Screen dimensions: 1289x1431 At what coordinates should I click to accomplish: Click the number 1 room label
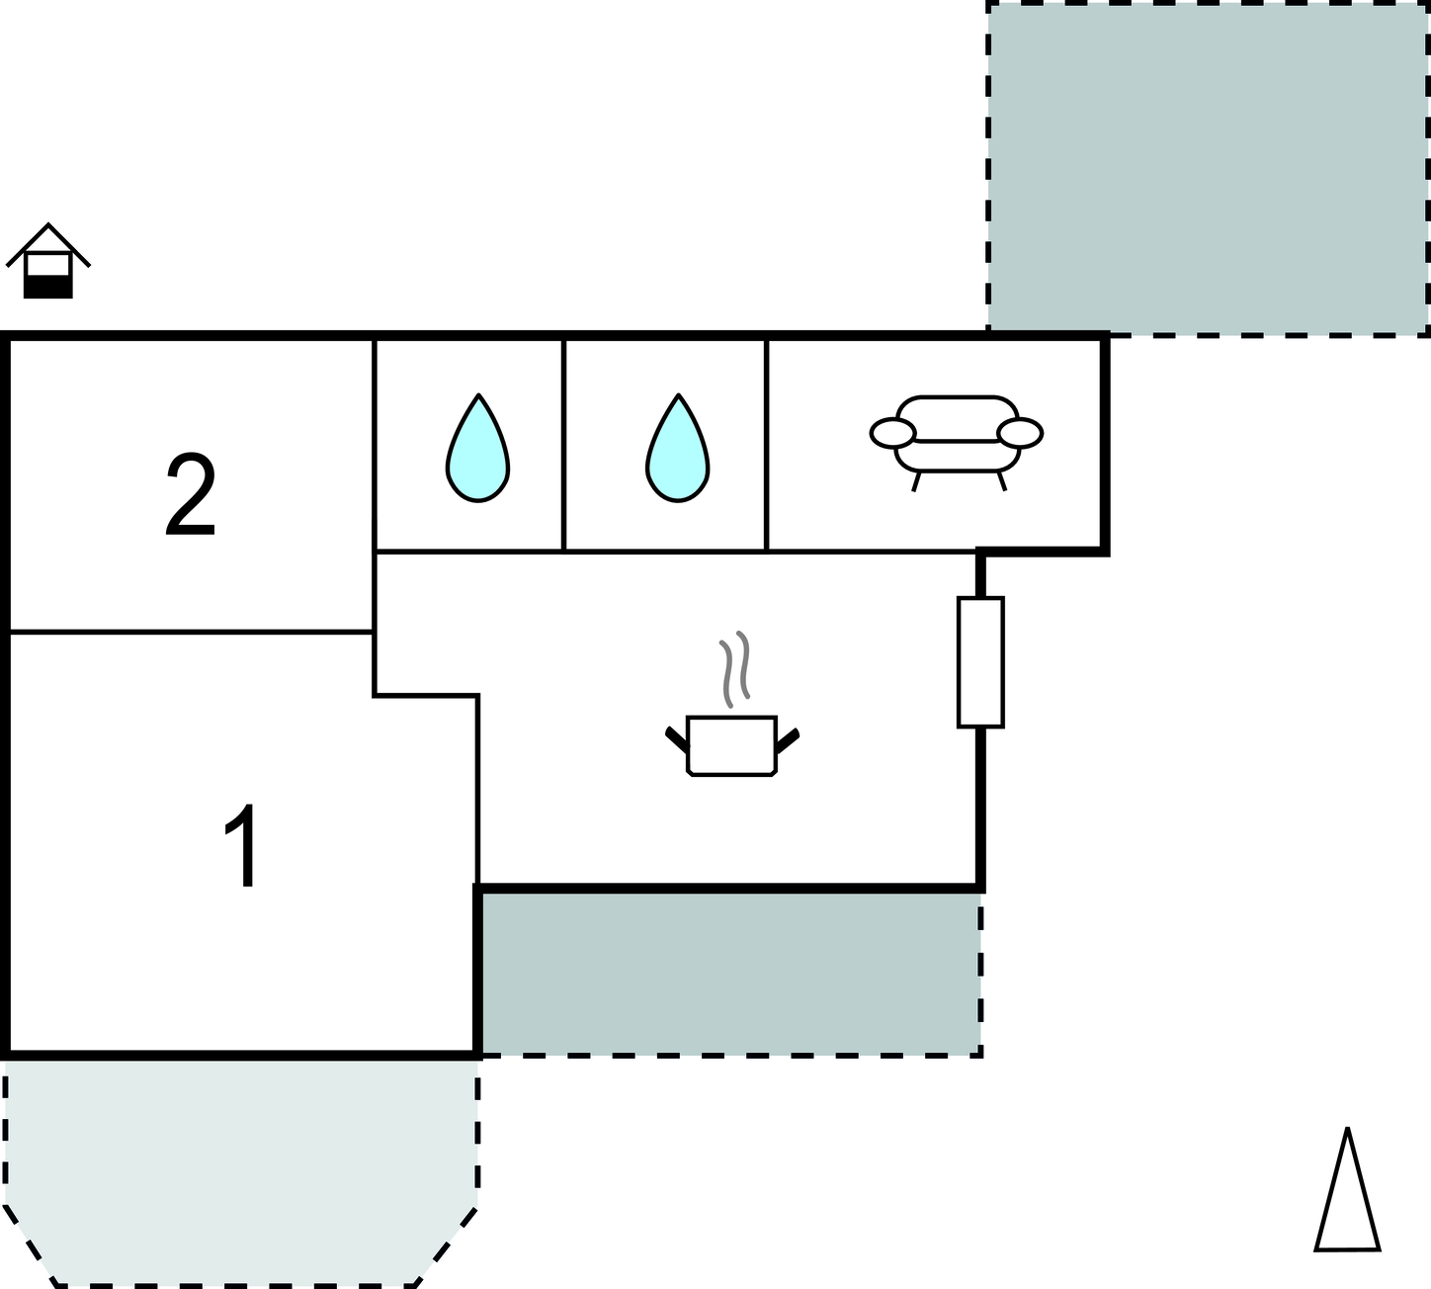pyautogui.click(x=242, y=846)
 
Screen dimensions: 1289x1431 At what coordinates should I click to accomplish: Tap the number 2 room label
pyautogui.click(x=190, y=496)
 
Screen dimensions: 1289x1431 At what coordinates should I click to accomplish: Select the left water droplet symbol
pyautogui.click(x=477, y=449)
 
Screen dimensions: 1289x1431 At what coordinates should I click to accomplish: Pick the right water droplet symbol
pyautogui.click(x=678, y=449)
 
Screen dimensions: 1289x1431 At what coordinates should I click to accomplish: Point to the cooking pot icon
pyautogui.click(x=732, y=745)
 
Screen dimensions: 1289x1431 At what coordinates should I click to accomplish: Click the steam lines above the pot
pyautogui.click(x=734, y=668)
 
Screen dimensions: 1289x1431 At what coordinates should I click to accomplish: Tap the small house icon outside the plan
pyautogui.click(x=48, y=261)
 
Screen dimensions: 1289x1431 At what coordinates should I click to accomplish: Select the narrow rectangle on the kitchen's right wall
pyautogui.click(x=980, y=662)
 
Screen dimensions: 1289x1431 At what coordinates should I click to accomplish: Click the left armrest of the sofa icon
pyautogui.click(x=893, y=432)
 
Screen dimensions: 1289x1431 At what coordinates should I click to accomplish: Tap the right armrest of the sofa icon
pyautogui.click(x=1020, y=432)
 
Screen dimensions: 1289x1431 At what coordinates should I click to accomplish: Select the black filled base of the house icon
pyautogui.click(x=48, y=287)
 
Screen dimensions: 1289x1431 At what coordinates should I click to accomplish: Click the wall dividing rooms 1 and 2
pyautogui.click(x=190, y=631)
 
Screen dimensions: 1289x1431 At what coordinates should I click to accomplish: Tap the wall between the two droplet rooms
pyautogui.click(x=563, y=445)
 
